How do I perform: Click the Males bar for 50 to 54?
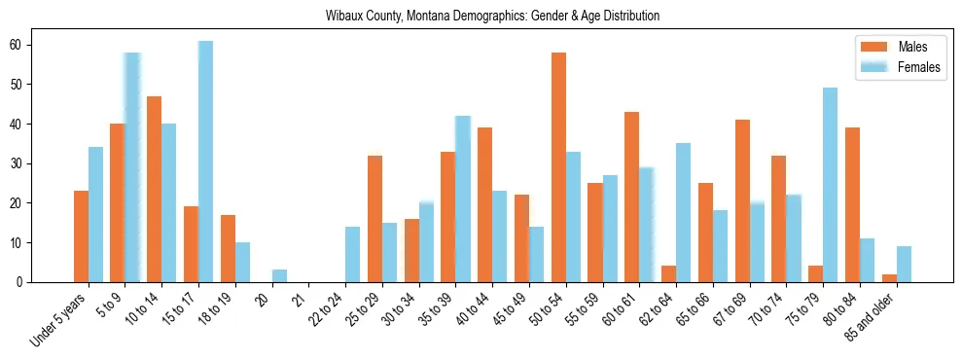pyautogui.click(x=559, y=167)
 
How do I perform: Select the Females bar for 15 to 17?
pyautogui.click(x=206, y=162)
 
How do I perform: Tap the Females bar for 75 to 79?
pyautogui.click(x=831, y=185)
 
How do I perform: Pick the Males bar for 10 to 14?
pyautogui.click(x=155, y=189)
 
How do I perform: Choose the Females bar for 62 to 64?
pyautogui.click(x=684, y=213)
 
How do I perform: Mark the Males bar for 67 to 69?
pyautogui.click(x=743, y=200)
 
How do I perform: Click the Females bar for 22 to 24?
pyautogui.click(x=353, y=254)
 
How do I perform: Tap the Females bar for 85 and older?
pyautogui.click(x=905, y=264)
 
